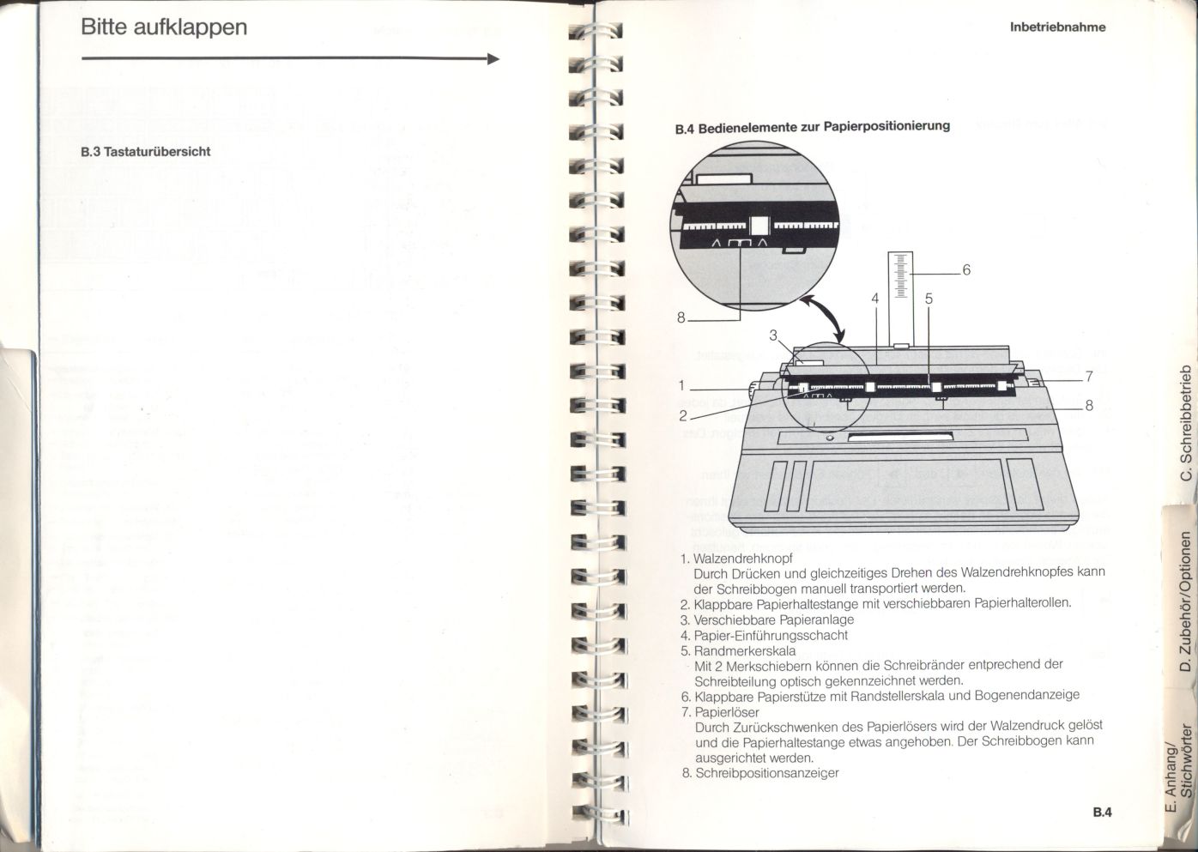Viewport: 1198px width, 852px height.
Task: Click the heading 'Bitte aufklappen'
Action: [x=163, y=27]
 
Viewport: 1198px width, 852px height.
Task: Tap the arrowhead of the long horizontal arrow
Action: [x=493, y=59]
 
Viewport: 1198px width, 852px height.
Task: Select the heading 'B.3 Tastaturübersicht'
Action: [x=145, y=152]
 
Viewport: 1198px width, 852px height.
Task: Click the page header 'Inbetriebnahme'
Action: [x=1057, y=27]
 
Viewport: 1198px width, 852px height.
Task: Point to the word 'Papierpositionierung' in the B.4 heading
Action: [x=886, y=126]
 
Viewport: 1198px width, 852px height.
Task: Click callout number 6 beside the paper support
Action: [x=965, y=270]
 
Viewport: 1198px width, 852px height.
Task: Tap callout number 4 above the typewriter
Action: [x=874, y=299]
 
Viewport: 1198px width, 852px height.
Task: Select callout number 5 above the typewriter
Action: [x=929, y=299]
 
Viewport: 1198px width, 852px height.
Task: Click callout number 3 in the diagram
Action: [x=772, y=335]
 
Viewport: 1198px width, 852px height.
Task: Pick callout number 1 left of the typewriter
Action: [x=682, y=386]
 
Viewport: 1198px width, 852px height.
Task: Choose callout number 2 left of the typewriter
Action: [x=683, y=416]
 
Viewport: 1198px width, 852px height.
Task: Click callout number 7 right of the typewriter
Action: [x=1088, y=376]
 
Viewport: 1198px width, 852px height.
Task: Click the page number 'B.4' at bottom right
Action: [x=1102, y=813]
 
